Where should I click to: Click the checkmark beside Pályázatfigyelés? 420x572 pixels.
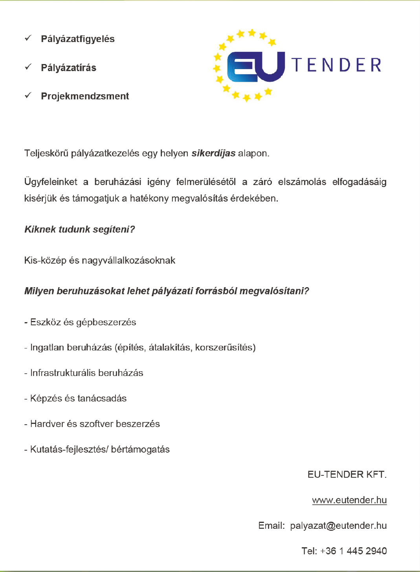(x=28, y=38)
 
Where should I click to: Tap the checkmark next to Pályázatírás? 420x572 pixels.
(x=28, y=67)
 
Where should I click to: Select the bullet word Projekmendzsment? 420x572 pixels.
(x=85, y=96)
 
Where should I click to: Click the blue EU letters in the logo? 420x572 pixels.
(x=256, y=66)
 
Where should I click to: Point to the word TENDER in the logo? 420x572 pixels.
(x=337, y=65)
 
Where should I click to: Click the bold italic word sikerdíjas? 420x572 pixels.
(x=213, y=153)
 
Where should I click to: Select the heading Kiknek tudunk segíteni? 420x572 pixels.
(x=79, y=229)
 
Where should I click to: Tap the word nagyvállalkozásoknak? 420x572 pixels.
(x=134, y=260)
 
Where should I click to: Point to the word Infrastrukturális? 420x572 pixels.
(x=60, y=373)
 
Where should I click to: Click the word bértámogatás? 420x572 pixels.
(x=140, y=449)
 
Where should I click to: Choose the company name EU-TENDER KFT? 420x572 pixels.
(x=347, y=475)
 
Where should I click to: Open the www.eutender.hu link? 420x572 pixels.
(x=349, y=500)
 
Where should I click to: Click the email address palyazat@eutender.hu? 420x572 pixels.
(x=338, y=526)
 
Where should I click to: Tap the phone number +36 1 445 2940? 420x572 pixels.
(x=353, y=551)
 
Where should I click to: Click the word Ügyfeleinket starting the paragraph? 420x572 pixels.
(x=51, y=182)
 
